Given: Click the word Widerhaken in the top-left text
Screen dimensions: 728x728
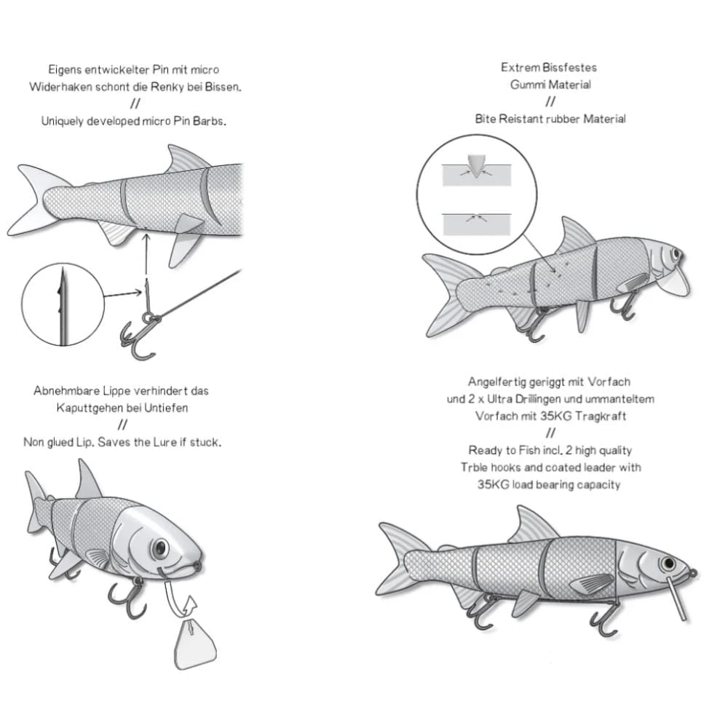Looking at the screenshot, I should pos(59,87).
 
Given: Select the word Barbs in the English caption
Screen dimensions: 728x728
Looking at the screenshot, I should pos(210,122).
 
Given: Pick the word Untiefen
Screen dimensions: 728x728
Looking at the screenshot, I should pos(165,408).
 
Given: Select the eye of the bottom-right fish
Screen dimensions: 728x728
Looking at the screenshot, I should pos(667,563).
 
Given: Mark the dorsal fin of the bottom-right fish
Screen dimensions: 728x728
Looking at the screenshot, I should pos(532,526).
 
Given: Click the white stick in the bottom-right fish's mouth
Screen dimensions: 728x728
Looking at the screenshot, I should pos(676,597).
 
